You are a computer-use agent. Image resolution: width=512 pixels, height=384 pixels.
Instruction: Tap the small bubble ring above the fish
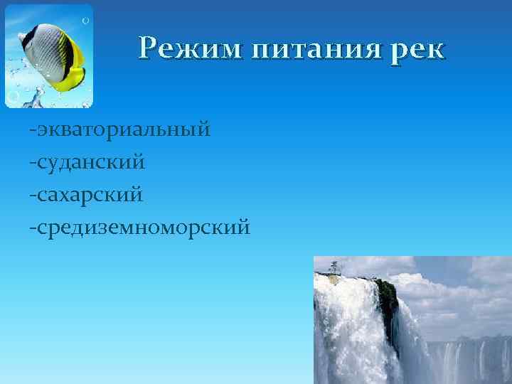click(x=85, y=21)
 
